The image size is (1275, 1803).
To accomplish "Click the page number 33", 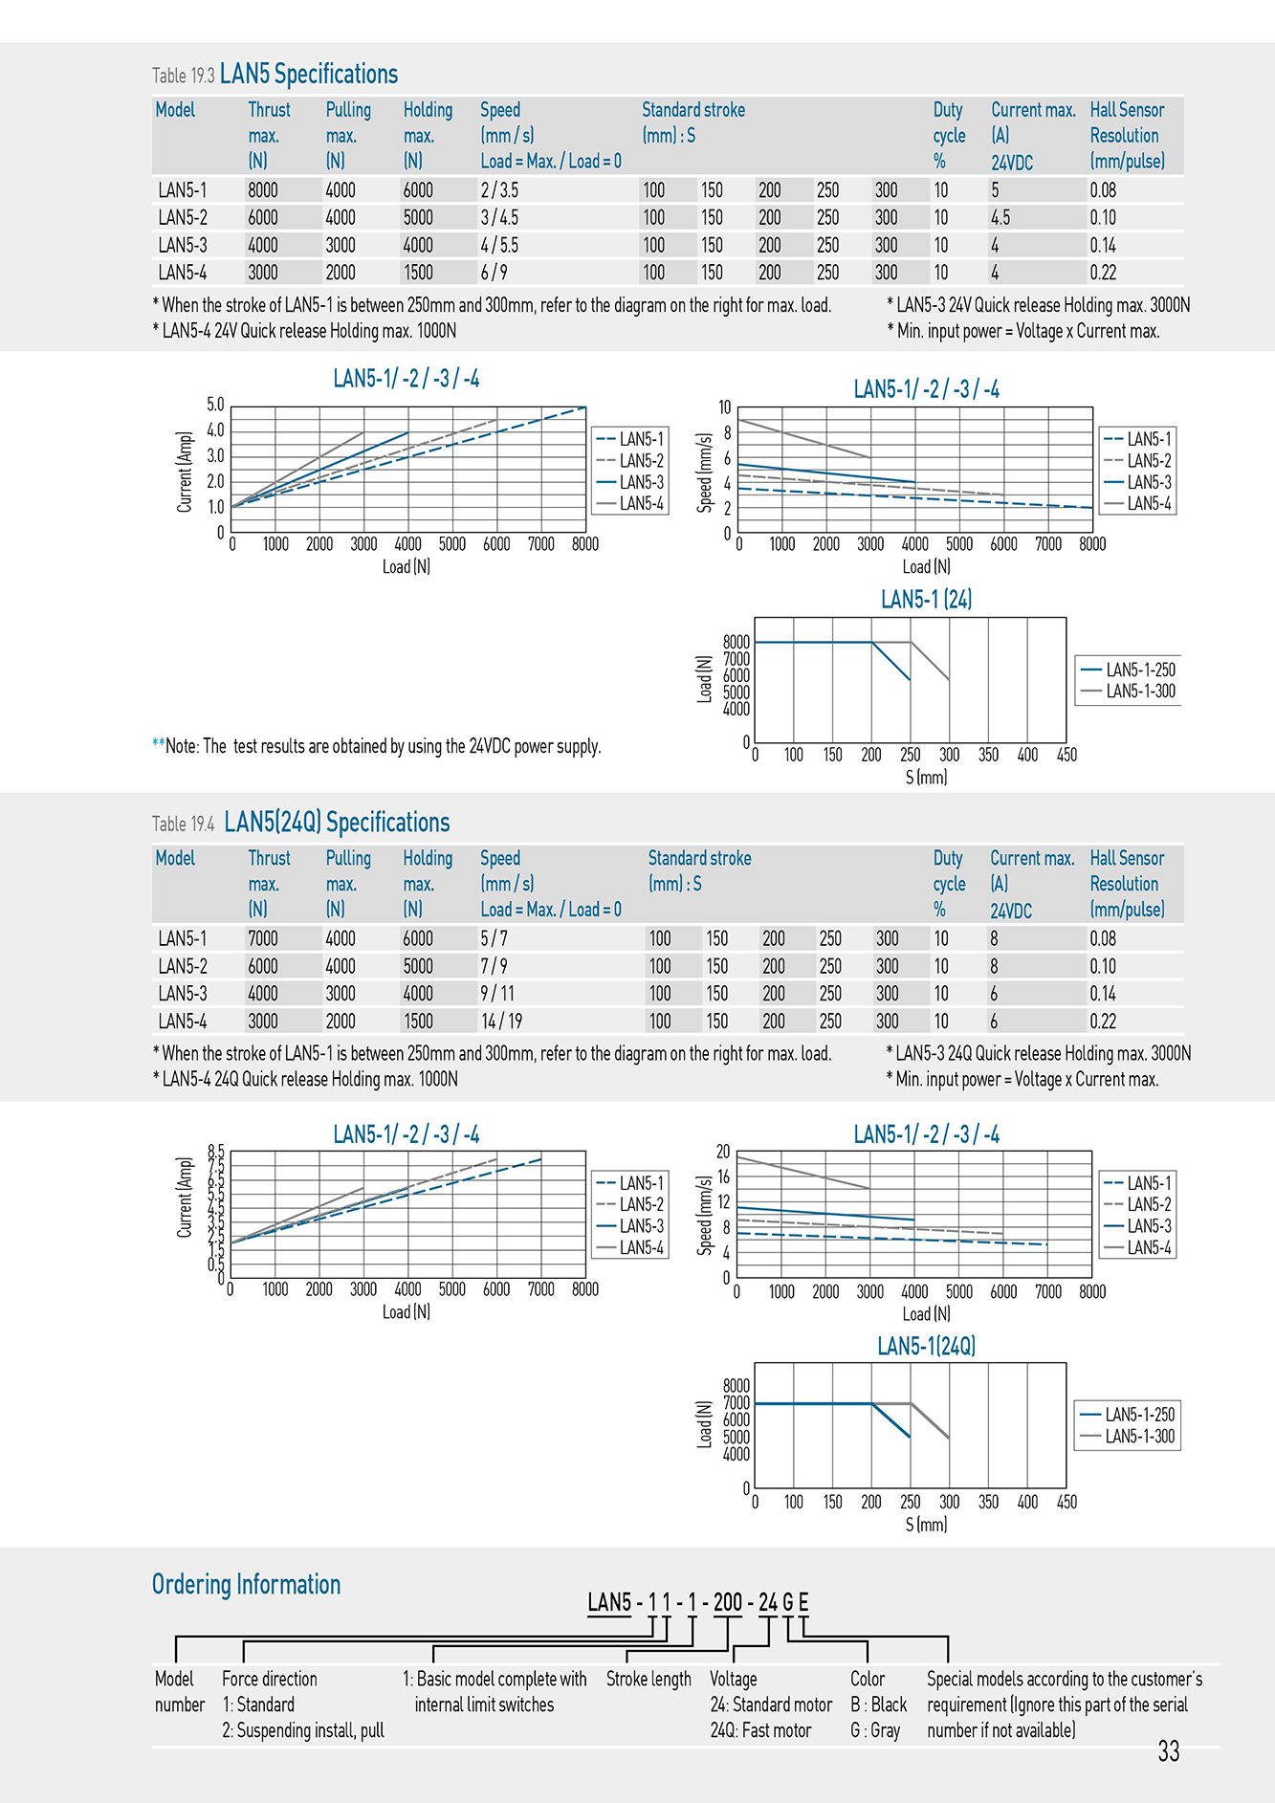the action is [x=1168, y=1750].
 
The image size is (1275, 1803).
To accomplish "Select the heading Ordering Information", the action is [x=246, y=1585].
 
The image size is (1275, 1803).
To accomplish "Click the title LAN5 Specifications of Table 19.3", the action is [x=309, y=74].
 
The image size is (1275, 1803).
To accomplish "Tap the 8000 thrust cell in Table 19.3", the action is [x=263, y=189].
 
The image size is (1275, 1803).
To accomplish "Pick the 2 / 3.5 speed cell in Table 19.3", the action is [x=499, y=189].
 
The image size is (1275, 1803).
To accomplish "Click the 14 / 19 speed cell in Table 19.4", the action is [x=501, y=1021].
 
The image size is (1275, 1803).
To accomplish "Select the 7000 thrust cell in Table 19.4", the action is [x=263, y=938].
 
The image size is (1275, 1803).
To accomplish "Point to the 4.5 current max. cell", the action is [x=1000, y=217].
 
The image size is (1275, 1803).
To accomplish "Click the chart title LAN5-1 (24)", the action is [x=926, y=599].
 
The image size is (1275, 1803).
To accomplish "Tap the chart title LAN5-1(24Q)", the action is [x=926, y=1346].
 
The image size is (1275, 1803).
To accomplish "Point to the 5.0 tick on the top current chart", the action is [x=215, y=405].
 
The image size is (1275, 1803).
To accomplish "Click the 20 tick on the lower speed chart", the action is [x=723, y=1152].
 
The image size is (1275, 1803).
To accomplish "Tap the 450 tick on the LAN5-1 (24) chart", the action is [x=1066, y=755].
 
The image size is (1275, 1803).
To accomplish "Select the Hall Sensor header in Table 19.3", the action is [x=1127, y=110].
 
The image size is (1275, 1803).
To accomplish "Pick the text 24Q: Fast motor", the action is [x=760, y=1730].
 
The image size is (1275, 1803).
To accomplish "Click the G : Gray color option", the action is [x=875, y=1730].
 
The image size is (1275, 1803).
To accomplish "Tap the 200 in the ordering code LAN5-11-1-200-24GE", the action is [x=728, y=1602].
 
